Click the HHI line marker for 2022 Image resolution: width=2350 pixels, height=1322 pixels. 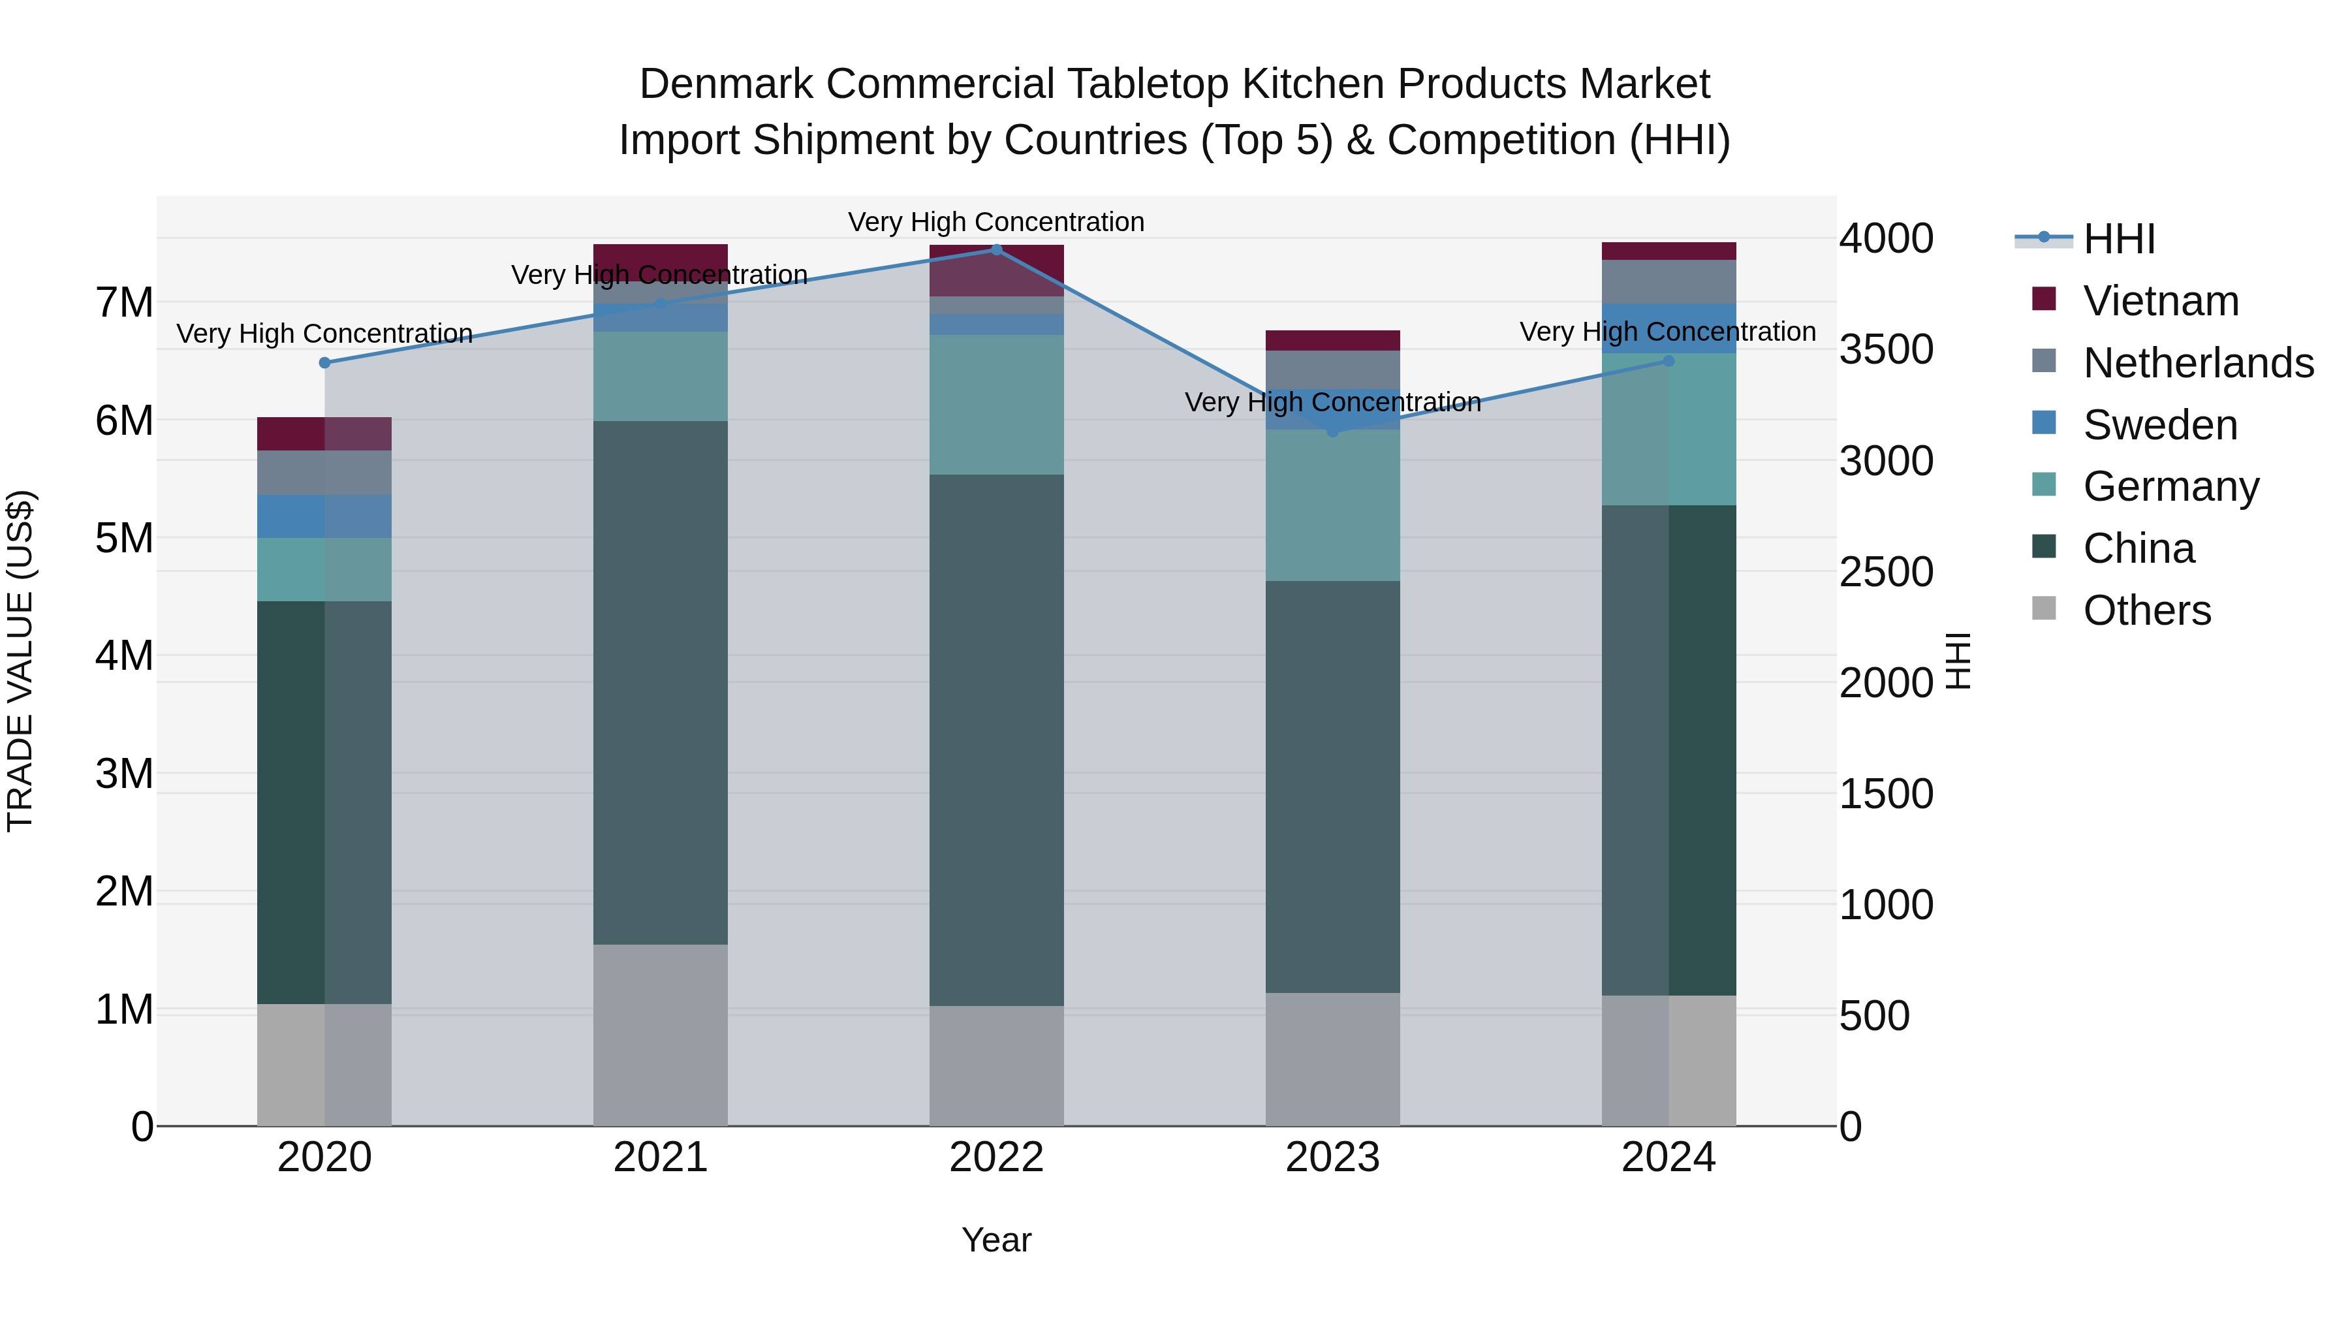[996, 250]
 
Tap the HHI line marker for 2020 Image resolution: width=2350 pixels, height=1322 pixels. [325, 363]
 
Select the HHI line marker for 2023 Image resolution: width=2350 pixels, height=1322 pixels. [1332, 431]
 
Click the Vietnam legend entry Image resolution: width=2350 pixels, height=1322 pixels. [2160, 301]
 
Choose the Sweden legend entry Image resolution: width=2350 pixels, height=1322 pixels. [2159, 425]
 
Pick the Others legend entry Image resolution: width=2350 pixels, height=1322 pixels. [2146, 610]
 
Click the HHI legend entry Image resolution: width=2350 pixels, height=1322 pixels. [2118, 239]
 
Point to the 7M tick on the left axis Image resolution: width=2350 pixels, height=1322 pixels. [124, 303]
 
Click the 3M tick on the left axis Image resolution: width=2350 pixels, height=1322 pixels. [124, 774]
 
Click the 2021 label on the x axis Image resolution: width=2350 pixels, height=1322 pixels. [661, 1157]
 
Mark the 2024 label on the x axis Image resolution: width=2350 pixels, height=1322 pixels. [1668, 1157]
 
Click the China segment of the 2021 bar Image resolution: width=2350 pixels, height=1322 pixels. [661, 682]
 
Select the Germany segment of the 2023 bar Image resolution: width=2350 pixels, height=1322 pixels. [1332, 505]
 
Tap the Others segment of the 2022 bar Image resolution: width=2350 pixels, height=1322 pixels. [996, 1065]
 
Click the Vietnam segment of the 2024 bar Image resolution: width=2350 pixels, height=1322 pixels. [1668, 251]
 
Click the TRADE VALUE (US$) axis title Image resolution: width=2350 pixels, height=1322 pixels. [20, 661]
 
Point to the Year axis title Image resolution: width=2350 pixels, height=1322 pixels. [996, 1240]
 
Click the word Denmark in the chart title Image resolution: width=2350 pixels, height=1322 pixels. [725, 84]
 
